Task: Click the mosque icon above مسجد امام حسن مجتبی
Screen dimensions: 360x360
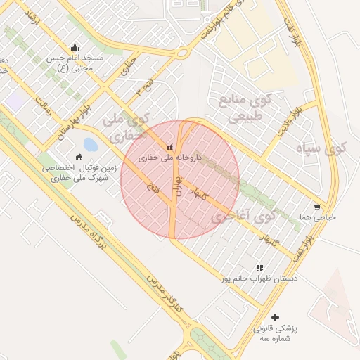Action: tap(75, 47)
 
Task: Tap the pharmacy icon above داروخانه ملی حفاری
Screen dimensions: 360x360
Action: tap(169, 147)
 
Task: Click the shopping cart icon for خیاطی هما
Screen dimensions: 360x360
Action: tap(318, 207)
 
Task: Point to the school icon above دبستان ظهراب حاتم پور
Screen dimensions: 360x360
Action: tap(259, 268)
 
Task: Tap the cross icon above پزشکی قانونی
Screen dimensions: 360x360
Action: tap(275, 318)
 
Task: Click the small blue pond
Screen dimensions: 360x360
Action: tap(90, 145)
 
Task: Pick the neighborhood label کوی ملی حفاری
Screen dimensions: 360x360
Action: tap(127, 126)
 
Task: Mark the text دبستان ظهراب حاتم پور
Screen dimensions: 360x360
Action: tap(259, 279)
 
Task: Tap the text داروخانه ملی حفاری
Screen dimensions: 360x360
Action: tap(169, 158)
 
